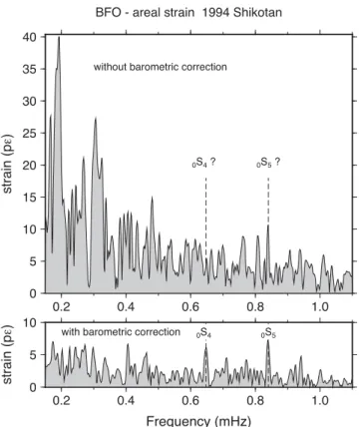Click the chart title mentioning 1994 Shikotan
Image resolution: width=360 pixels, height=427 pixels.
click(188, 13)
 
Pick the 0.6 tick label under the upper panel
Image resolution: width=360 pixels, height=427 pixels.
click(190, 306)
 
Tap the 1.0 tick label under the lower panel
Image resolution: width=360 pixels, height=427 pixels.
click(320, 400)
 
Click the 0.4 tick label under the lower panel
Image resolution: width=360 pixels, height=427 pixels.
click(126, 400)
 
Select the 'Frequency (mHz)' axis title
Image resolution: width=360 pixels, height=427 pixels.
click(198, 421)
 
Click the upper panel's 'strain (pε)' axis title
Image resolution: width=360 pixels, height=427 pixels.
click(7, 164)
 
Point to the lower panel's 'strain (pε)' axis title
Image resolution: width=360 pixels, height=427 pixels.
click(7, 354)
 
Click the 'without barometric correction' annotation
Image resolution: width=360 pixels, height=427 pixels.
click(161, 67)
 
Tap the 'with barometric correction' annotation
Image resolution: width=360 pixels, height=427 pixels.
click(121, 332)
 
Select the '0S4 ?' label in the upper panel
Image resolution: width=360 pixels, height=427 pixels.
click(203, 163)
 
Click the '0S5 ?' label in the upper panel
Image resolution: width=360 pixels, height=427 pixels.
click(268, 163)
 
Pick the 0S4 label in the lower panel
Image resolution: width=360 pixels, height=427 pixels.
click(203, 333)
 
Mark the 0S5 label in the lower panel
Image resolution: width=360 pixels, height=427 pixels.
click(268, 333)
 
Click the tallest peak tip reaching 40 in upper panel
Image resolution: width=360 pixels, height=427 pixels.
click(59, 37)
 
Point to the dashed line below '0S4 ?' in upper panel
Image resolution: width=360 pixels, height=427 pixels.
click(205, 218)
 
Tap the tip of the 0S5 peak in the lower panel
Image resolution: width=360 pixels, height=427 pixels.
click(268, 340)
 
